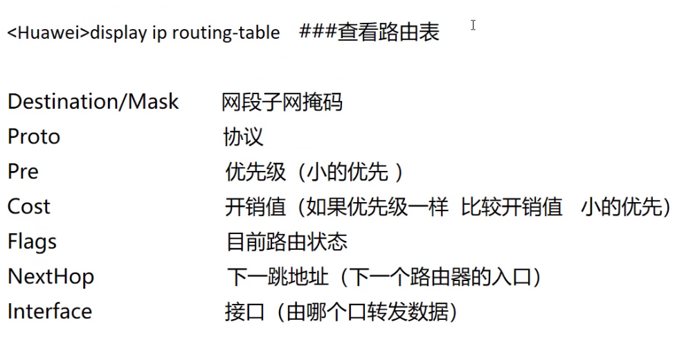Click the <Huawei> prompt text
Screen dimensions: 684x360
tap(48, 33)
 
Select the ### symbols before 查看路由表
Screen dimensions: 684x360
tap(318, 32)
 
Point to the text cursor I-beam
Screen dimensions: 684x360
tap(474, 26)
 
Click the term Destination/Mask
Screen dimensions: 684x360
tap(93, 102)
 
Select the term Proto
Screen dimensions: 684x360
tap(34, 137)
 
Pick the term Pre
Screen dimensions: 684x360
tap(23, 172)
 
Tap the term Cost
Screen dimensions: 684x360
tap(29, 206)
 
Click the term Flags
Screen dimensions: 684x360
tap(32, 242)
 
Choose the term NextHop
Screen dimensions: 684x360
tap(51, 277)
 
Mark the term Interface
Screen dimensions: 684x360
tap(50, 312)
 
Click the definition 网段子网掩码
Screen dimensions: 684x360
tap(282, 102)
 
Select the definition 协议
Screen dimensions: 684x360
tap(243, 137)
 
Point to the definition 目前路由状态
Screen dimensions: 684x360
tap(287, 242)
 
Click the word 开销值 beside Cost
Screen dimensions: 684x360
tap(255, 207)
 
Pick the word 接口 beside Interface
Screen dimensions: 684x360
tap(245, 312)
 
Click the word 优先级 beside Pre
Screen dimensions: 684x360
tap(256, 172)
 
